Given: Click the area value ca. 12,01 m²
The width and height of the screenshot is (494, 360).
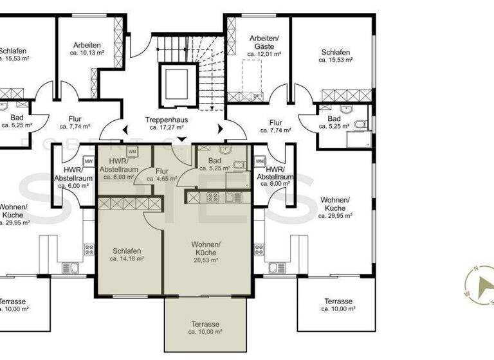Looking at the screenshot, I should click(265, 55).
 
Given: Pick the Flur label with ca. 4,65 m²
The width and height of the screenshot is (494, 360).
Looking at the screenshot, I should click(161, 172).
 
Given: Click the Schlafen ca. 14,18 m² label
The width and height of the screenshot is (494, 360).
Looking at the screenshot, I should click(126, 251).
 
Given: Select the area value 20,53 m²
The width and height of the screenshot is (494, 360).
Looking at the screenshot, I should click(206, 260).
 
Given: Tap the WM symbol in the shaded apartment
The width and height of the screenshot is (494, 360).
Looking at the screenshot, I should click(132, 152).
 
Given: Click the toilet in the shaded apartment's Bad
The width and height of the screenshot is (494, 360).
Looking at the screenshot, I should click(239, 166).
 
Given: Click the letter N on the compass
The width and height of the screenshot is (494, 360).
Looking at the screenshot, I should click(475, 269).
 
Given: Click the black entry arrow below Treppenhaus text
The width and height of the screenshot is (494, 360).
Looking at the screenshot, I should click(181, 139).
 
